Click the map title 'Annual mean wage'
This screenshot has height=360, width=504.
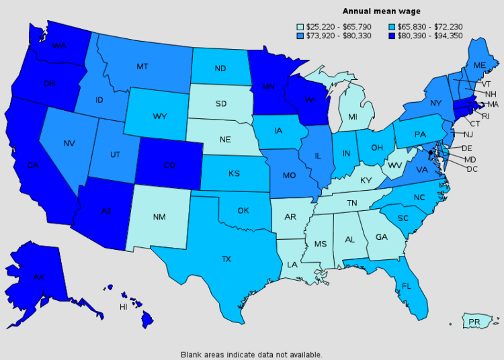[x=382, y=11]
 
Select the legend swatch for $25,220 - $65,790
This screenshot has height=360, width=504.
[x=300, y=27]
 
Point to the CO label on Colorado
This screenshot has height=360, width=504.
[x=170, y=166]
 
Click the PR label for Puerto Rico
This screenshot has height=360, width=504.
[x=474, y=323]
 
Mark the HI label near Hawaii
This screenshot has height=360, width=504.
[x=124, y=306]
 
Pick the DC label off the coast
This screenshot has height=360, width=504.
[x=472, y=169]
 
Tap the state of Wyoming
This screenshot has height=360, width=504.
[x=159, y=116]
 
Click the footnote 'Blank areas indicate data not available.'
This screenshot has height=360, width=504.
[x=251, y=354]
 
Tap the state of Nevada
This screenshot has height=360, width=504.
[x=70, y=143]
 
